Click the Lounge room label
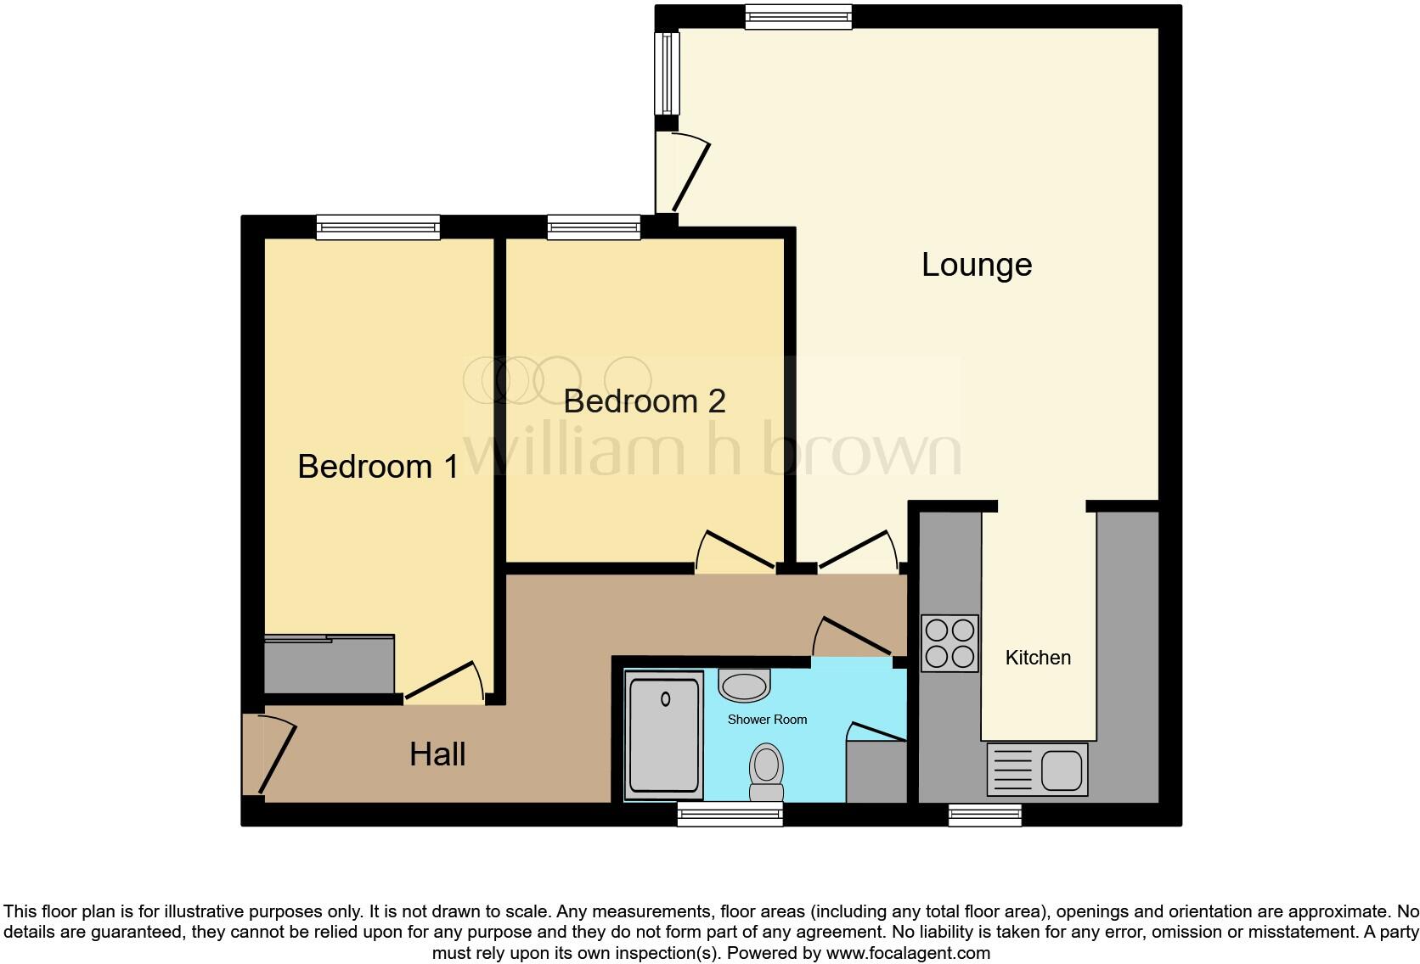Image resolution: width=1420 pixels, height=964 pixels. coord(977,265)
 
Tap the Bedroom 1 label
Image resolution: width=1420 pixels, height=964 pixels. coord(378,466)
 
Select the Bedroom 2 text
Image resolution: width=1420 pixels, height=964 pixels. coord(645,401)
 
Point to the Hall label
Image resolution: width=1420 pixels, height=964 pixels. coord(437,754)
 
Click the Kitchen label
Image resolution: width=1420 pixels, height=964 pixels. coord(1038,658)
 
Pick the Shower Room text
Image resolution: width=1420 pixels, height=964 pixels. coord(767,720)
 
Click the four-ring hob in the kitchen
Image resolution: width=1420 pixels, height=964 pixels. coord(949,643)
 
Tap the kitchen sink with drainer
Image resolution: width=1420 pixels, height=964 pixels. coord(1037,770)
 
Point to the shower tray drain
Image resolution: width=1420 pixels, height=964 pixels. coord(665,699)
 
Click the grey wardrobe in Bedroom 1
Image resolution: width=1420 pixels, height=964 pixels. coord(329,664)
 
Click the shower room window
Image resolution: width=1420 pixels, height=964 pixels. coord(730,815)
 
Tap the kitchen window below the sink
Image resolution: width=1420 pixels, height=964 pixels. coord(985,815)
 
